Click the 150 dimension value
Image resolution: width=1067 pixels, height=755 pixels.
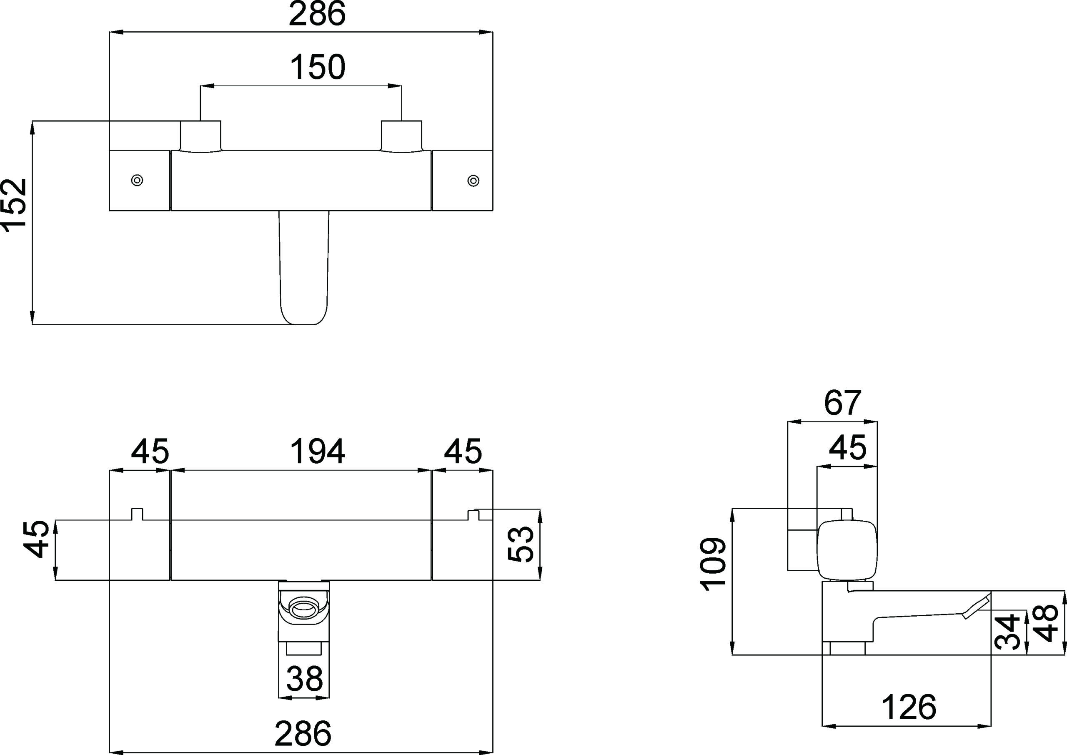(x=318, y=67)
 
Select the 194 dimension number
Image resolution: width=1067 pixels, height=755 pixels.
(x=318, y=451)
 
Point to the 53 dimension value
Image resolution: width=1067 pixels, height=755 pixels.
(x=521, y=544)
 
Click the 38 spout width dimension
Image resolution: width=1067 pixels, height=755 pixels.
(x=305, y=678)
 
